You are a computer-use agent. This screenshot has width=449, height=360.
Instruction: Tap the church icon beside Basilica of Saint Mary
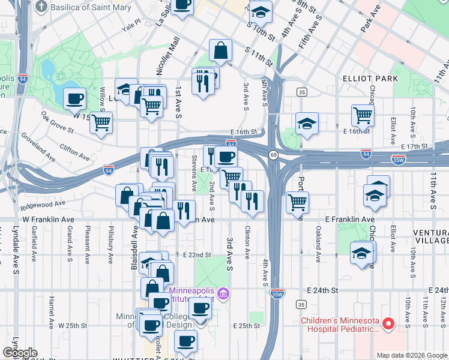point(41,7)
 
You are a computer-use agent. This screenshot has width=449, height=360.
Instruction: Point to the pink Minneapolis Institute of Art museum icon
point(223,294)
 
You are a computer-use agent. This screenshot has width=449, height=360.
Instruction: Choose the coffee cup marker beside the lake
point(74,98)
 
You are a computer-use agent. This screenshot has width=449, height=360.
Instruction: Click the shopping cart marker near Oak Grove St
point(101,122)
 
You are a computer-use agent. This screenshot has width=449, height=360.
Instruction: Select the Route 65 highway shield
point(273,155)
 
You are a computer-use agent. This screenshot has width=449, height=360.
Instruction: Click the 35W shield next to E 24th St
point(276,293)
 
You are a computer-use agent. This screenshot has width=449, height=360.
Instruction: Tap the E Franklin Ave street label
point(350,220)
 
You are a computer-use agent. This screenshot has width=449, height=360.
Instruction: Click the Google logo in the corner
point(20,353)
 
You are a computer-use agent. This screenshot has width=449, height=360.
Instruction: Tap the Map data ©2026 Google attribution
point(411,355)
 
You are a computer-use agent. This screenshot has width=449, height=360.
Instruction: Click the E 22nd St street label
point(198,255)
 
